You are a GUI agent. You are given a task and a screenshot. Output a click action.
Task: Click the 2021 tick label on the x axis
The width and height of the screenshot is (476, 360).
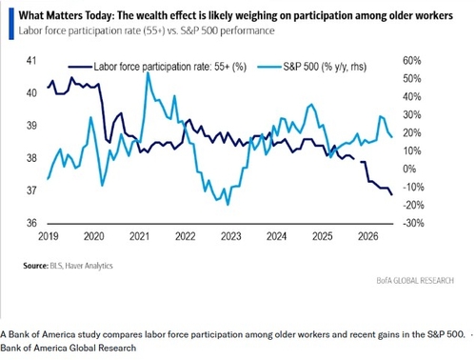pyautogui.click(x=139, y=236)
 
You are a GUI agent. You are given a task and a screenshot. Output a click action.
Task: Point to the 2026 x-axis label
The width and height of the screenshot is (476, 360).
pyautogui.click(x=368, y=236)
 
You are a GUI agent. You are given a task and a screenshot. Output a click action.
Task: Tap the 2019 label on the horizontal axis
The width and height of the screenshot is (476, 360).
pyautogui.click(x=49, y=236)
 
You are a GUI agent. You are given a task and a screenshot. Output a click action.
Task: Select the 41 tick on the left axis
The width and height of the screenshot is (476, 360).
pyautogui.click(x=31, y=60)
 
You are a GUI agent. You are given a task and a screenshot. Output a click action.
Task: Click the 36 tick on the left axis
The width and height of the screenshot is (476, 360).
pyautogui.click(x=31, y=223)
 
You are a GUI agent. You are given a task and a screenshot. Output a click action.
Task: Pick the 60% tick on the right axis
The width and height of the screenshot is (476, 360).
pyautogui.click(x=412, y=60)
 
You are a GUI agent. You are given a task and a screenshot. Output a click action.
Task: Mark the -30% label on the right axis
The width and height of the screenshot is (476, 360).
pyautogui.click(x=413, y=223)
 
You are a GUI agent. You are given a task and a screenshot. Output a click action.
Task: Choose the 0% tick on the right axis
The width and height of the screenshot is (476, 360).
pyautogui.click(x=409, y=169)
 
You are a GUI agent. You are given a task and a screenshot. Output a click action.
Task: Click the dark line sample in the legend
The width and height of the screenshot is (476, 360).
pyautogui.click(x=80, y=67)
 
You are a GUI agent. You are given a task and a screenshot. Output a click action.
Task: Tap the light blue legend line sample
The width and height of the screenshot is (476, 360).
pyautogui.click(x=269, y=67)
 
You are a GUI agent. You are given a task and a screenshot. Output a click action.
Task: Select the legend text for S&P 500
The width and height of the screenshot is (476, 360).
pyautogui.click(x=325, y=67)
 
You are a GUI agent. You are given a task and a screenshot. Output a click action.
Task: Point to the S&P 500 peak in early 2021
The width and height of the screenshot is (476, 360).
pyautogui.click(x=148, y=73)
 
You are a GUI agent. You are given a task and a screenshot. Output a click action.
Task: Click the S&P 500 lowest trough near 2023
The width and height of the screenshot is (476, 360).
pyautogui.click(x=228, y=205)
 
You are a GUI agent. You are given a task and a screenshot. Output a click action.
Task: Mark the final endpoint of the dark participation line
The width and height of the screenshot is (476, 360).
pyautogui.click(x=392, y=194)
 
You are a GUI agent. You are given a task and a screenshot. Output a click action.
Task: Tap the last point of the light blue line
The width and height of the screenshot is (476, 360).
pyautogui.click(x=392, y=137)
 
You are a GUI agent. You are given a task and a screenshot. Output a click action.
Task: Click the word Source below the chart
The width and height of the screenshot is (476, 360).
pyautogui.click(x=35, y=266)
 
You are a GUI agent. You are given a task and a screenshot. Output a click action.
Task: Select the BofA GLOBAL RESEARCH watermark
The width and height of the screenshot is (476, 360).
pyautogui.click(x=415, y=281)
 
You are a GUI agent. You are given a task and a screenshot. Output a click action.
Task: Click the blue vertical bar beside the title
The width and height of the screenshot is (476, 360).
pyautogui.click(x=11, y=24)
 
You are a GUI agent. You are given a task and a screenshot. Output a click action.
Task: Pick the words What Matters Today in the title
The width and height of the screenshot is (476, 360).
pyautogui.click(x=66, y=15)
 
